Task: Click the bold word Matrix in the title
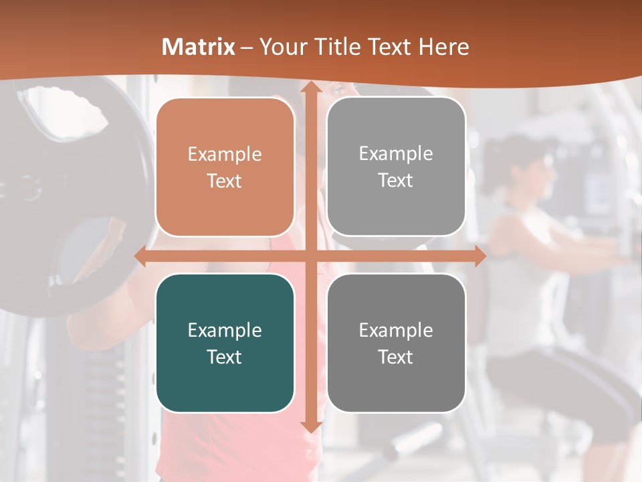(x=199, y=47)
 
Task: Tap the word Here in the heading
(x=443, y=47)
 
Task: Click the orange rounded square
(x=225, y=167)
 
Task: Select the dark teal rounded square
(x=225, y=343)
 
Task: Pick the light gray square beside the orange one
(x=396, y=167)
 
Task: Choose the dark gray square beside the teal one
(x=396, y=343)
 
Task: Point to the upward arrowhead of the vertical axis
(x=310, y=89)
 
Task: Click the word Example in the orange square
(x=225, y=155)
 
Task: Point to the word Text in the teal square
(x=225, y=357)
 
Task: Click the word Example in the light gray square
(x=396, y=154)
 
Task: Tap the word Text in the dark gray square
(x=396, y=357)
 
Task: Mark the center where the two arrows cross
(x=310, y=256)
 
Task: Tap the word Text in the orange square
(x=225, y=181)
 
